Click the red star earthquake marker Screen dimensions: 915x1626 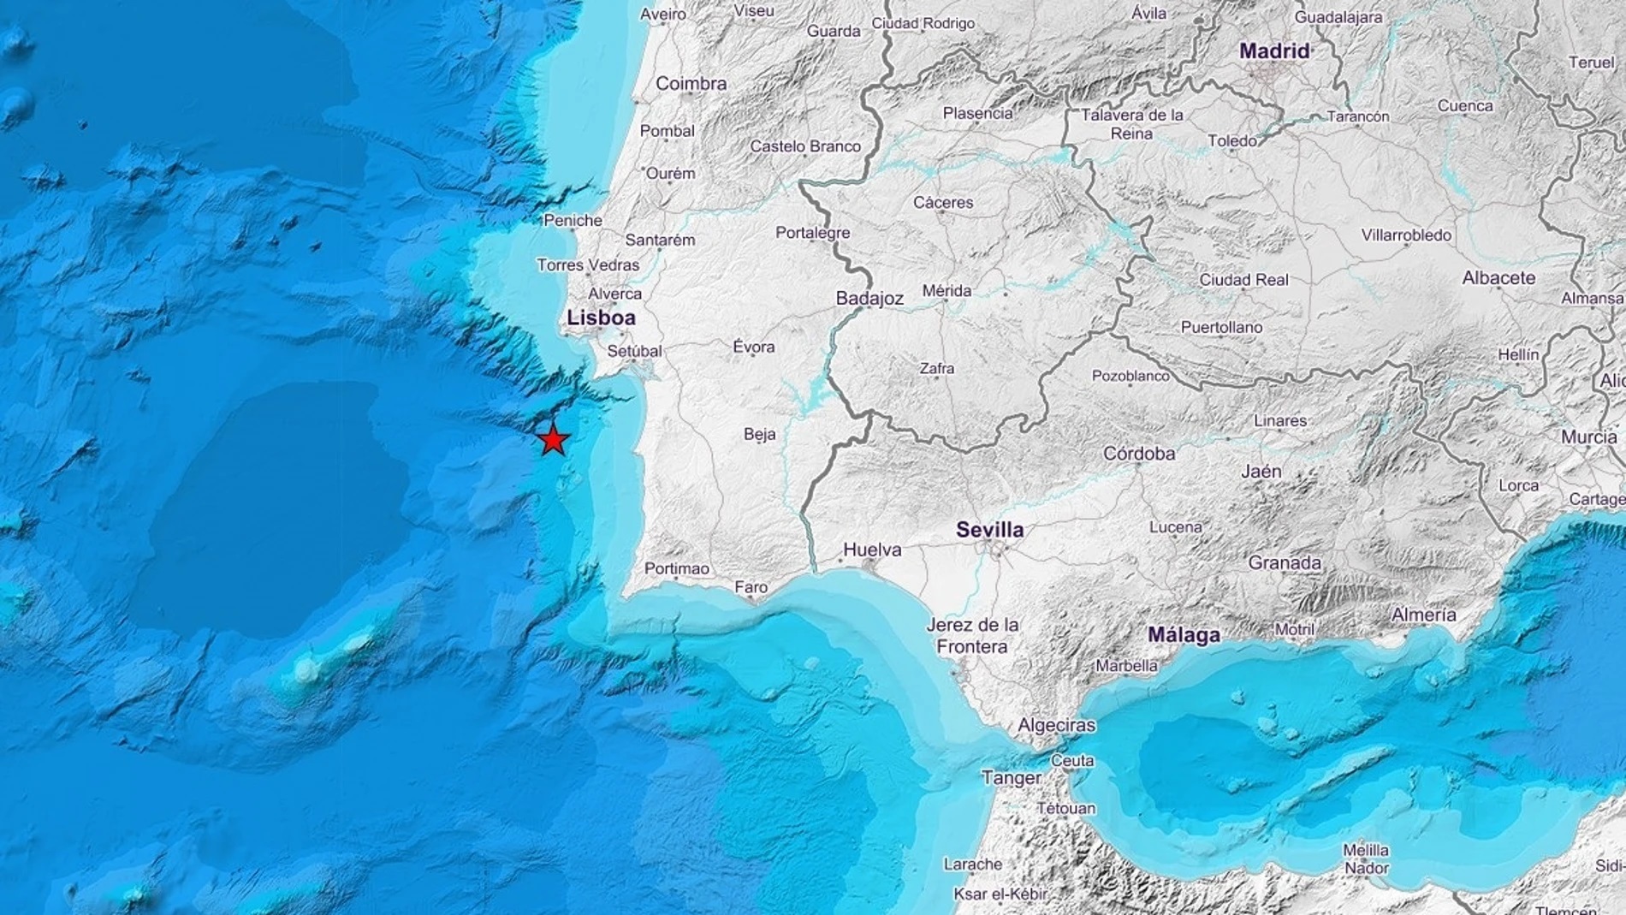coord(554,440)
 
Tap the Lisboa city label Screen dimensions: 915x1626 coord(602,318)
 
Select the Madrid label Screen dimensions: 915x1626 coord(1274,51)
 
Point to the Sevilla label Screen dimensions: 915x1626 coord(989,530)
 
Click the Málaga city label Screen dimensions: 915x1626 coord(1184,635)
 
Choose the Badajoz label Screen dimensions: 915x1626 coord(869,299)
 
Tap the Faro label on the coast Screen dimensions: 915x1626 coord(751,588)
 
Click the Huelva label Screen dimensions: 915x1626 coord(872,550)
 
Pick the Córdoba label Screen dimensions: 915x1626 coord(1139,454)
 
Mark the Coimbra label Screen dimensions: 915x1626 coord(691,84)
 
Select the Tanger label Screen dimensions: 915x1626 coord(1011,778)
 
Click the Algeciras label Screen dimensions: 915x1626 coord(1056,725)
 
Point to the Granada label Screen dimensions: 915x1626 coord(1285,562)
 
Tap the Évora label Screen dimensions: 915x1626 coord(754,347)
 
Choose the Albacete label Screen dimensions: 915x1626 coord(1498,278)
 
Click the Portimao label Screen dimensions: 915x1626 coord(677,568)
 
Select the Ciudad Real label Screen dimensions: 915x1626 coord(1243,280)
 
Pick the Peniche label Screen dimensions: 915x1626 coord(573,221)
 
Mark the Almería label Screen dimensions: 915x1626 coord(1423,615)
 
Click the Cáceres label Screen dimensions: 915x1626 coord(943,203)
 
